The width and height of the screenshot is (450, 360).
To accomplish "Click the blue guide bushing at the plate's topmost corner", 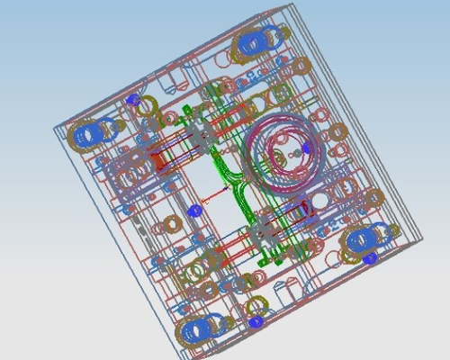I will (256, 41).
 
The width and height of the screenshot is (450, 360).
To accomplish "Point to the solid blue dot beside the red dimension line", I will (193, 210).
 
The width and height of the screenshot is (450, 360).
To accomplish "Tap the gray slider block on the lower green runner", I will (265, 231).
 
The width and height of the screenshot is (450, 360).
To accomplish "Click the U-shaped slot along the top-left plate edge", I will (171, 85).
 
